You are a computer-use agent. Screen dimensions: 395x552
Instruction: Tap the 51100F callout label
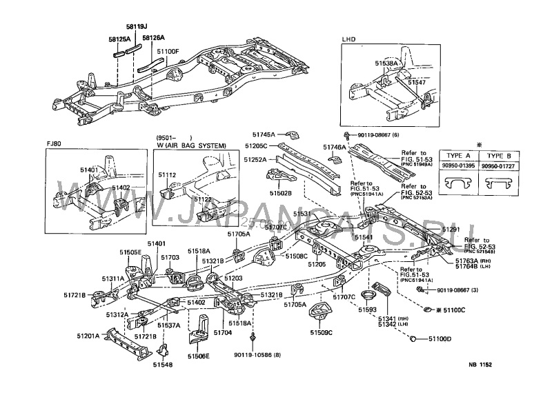point(168,52)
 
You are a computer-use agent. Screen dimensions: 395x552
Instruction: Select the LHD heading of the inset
point(350,41)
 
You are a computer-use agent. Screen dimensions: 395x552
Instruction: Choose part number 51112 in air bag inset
point(168,175)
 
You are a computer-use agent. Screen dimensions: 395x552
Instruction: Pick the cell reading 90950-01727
point(498,166)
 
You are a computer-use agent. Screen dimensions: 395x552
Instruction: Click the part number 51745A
point(264,134)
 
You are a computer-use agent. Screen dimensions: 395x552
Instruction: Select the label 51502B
point(281,194)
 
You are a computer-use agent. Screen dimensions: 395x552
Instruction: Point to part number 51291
point(451,229)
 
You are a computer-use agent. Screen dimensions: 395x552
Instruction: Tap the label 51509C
point(322,332)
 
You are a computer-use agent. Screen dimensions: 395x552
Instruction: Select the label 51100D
point(440,339)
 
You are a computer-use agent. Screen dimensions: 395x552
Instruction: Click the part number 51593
point(367,310)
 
